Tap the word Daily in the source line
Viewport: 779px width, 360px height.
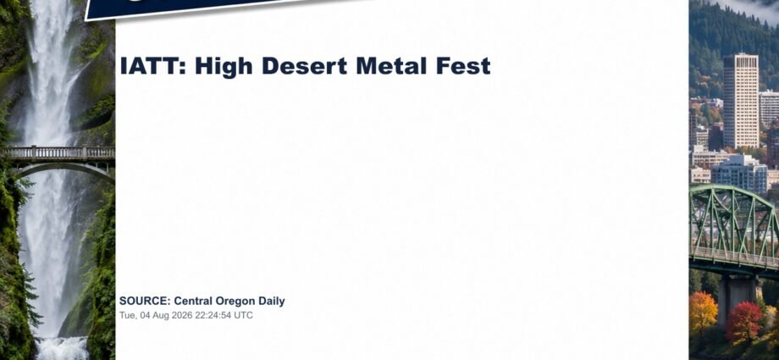272,302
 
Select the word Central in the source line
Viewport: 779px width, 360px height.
193,301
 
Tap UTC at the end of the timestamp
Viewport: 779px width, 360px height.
244,315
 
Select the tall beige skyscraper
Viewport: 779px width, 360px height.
741,101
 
